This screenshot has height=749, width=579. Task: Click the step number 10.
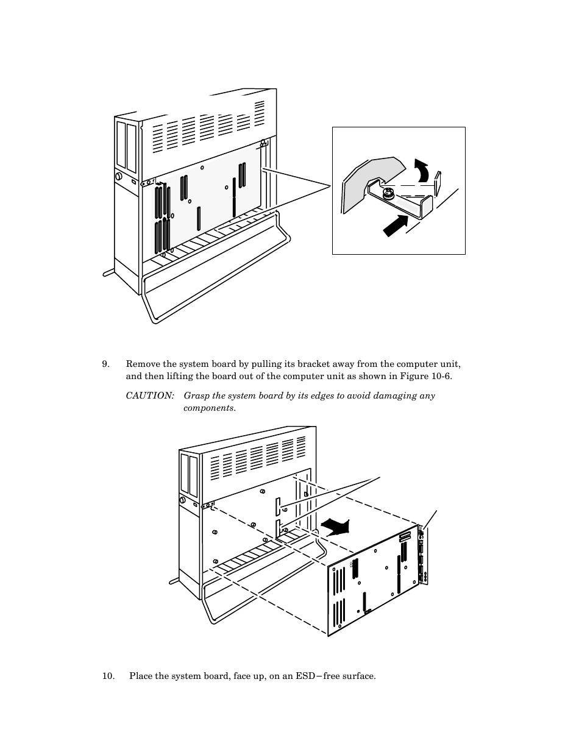(x=107, y=676)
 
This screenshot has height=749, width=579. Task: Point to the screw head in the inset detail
(x=386, y=194)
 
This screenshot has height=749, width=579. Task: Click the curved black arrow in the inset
(x=421, y=171)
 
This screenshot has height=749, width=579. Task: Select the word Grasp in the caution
(x=196, y=396)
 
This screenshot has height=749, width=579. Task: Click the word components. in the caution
(x=209, y=408)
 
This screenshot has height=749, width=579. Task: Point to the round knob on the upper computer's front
(x=118, y=177)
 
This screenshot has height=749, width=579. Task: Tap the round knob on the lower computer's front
(x=182, y=500)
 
